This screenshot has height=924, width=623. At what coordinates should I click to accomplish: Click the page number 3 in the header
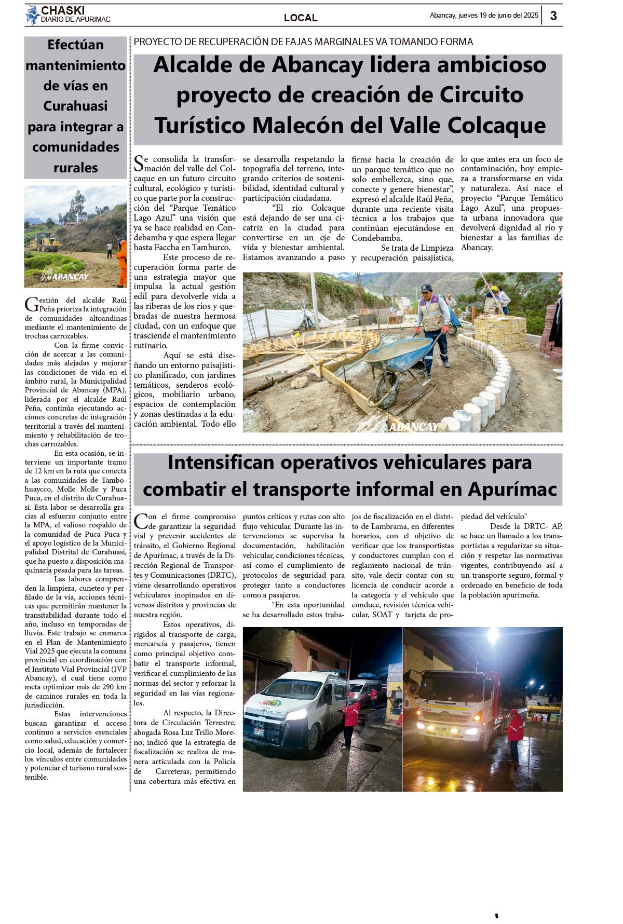point(553,16)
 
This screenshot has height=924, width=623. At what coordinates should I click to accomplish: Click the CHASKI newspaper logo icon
point(33,15)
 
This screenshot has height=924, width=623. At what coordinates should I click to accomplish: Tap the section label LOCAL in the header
point(301,18)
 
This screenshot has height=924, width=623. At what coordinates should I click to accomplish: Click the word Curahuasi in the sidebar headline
point(75,106)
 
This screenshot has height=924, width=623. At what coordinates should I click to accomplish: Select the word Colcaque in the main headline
point(499,125)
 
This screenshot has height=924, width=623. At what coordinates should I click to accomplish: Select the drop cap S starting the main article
point(139,164)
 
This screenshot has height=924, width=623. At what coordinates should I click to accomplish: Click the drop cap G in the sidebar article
point(31,304)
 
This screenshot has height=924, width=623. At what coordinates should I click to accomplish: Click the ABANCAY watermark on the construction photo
point(414,427)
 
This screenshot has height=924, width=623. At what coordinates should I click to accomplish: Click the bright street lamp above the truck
point(492,635)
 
